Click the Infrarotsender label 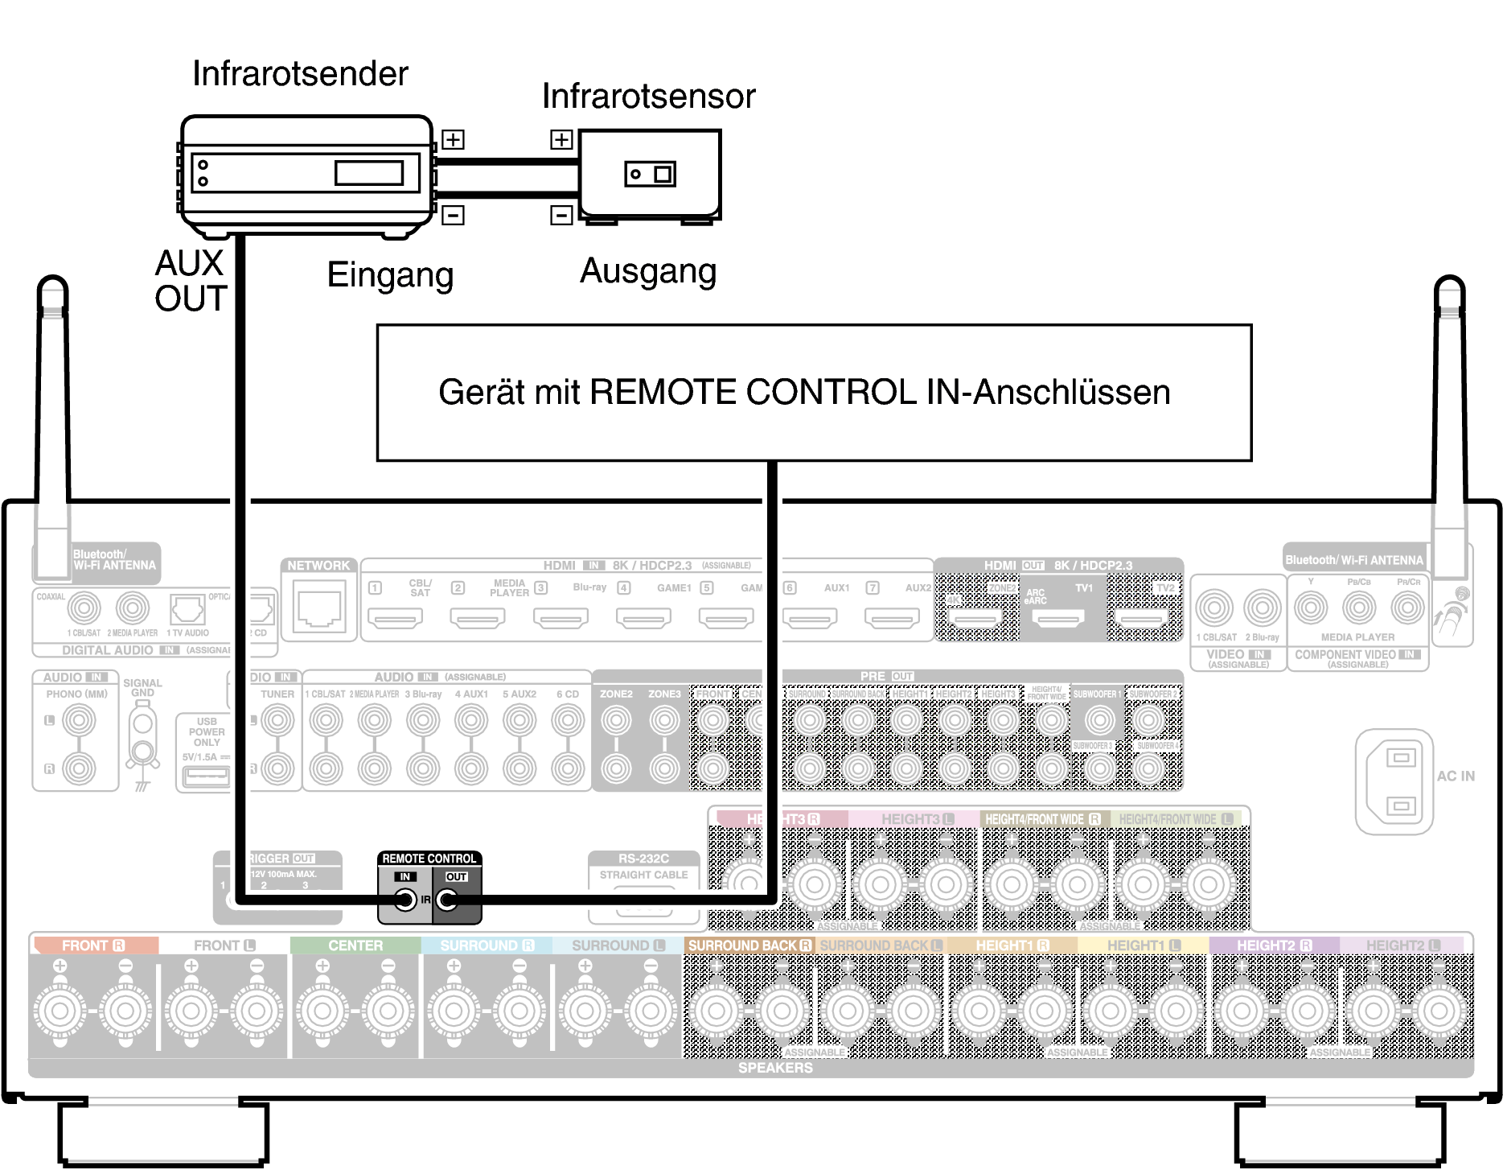click(x=300, y=74)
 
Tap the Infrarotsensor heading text click(x=648, y=97)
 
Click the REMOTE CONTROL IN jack click(x=405, y=900)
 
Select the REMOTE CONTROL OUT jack click(x=447, y=900)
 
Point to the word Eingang click(x=390, y=275)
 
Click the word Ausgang click(x=648, y=271)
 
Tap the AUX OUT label click(x=191, y=281)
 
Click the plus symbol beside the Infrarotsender click(x=454, y=140)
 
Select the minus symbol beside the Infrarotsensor click(x=561, y=216)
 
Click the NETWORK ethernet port click(x=319, y=608)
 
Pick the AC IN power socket click(x=1400, y=781)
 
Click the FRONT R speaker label click(x=93, y=945)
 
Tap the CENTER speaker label click(x=355, y=945)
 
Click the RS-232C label click(x=643, y=859)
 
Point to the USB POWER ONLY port click(x=207, y=776)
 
